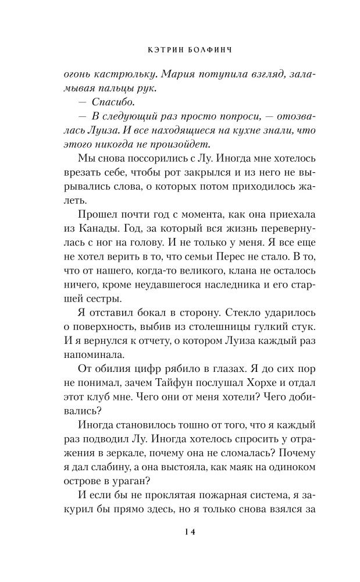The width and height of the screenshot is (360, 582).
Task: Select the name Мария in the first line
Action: click(x=177, y=74)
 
